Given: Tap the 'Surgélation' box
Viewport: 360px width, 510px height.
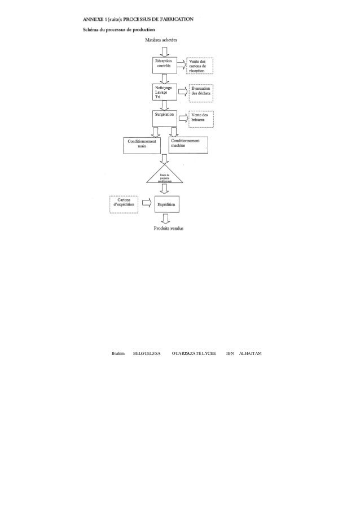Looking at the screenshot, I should (x=164, y=117).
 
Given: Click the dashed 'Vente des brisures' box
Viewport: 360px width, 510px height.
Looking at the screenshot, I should (x=200, y=117).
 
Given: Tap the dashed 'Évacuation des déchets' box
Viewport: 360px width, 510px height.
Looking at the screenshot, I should (x=200, y=92).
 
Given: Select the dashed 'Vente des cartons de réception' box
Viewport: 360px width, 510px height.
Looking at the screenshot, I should (x=200, y=66).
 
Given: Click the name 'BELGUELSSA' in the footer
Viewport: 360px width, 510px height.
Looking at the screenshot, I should (x=146, y=353).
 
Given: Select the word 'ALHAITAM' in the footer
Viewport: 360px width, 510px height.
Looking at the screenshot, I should (x=250, y=353).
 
